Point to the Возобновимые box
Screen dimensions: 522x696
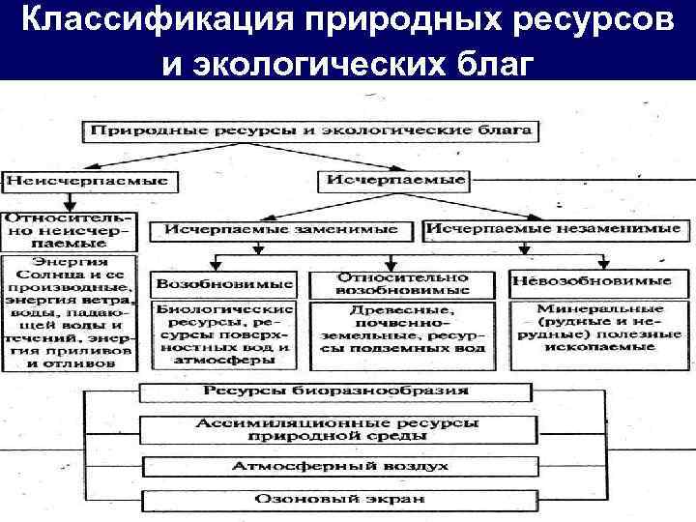click(224, 284)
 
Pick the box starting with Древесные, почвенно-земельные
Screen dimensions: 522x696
click(401, 331)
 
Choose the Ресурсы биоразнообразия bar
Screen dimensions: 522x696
click(335, 391)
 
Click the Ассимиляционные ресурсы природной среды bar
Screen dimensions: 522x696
click(335, 431)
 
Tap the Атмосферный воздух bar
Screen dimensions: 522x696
click(335, 467)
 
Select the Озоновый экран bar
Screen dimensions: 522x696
click(335, 501)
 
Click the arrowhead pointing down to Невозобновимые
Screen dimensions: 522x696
click(603, 262)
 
